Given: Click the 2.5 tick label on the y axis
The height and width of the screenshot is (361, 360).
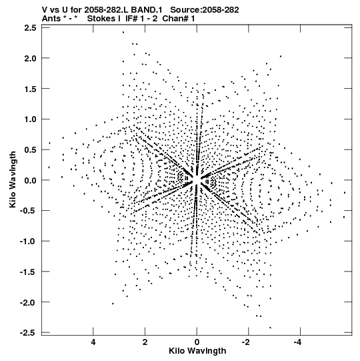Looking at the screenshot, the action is click(30, 28).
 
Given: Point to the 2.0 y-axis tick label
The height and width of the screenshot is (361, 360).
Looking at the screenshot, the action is click(30, 59).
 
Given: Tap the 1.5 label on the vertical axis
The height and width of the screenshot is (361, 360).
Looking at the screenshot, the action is click(30, 89).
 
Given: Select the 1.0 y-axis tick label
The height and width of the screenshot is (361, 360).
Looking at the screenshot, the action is click(30, 119).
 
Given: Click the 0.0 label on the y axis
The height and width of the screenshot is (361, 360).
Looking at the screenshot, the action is click(30, 180).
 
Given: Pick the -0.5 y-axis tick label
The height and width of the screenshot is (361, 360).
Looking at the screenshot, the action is click(28, 211).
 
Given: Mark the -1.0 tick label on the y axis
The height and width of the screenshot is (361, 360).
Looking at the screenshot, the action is click(28, 242).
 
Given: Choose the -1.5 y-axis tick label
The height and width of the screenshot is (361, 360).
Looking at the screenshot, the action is click(28, 272).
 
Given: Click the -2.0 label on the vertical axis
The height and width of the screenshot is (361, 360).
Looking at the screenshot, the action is click(28, 302).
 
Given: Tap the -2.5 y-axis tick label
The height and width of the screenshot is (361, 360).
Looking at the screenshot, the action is click(28, 333).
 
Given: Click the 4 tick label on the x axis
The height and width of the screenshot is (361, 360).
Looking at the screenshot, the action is click(93, 342).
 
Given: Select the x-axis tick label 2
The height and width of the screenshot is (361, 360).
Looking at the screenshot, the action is click(145, 342).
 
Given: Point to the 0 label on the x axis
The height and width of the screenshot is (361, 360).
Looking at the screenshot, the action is click(197, 342).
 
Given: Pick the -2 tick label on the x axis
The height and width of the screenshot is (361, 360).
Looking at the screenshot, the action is click(246, 342).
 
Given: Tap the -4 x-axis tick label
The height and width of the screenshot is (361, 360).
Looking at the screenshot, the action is click(297, 342).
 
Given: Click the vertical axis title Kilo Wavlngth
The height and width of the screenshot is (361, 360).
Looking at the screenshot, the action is click(13, 179).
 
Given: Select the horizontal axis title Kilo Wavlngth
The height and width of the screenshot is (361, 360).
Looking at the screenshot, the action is click(197, 351).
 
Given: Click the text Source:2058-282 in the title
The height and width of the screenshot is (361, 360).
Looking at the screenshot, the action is click(205, 9).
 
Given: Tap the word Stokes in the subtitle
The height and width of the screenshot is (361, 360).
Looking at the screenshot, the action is click(104, 19).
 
